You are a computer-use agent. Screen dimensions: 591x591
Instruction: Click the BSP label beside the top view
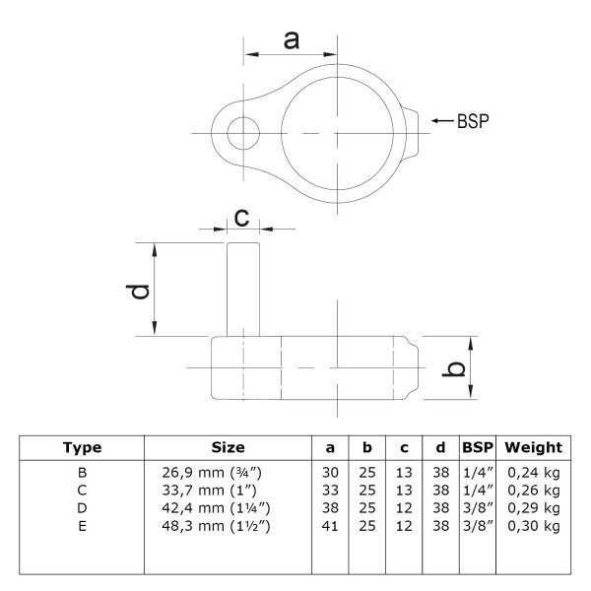(x=473, y=121)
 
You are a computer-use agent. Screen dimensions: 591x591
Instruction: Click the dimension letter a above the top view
(x=292, y=41)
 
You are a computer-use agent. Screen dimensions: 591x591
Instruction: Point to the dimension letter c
(x=241, y=219)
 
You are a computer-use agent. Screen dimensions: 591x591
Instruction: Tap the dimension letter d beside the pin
(x=138, y=293)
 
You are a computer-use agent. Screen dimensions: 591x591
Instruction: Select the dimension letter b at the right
(x=454, y=368)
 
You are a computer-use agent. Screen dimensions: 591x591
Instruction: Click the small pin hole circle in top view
(x=243, y=133)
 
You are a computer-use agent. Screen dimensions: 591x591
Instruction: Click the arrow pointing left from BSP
(x=442, y=120)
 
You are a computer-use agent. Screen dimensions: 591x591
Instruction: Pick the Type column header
(x=82, y=448)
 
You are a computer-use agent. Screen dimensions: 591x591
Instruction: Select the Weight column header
(x=533, y=448)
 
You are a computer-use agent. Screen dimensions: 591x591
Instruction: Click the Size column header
(x=228, y=448)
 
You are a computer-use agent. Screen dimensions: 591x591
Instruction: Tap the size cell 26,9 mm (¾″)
(x=212, y=472)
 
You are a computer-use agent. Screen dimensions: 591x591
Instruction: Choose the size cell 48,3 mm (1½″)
(x=216, y=526)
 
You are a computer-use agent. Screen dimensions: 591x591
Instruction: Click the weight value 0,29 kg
(x=533, y=508)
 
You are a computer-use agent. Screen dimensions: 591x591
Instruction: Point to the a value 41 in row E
(x=330, y=526)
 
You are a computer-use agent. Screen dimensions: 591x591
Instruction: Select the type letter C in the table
(x=82, y=491)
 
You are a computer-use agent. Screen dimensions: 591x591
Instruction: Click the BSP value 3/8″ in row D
(x=478, y=508)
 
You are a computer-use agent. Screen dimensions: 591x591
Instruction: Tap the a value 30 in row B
(x=330, y=472)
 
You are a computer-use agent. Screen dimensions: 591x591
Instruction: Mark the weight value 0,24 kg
(x=533, y=472)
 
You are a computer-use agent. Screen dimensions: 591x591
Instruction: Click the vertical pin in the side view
(x=243, y=290)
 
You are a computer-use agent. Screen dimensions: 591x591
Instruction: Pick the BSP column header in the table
(x=478, y=448)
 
